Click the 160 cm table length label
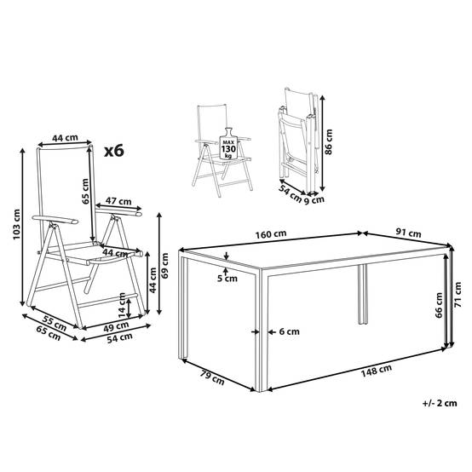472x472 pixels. pyautogui.click(x=271, y=234)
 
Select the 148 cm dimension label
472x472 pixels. pyautogui.click(x=377, y=371)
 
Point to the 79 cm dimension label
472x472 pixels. pyautogui.click(x=212, y=377)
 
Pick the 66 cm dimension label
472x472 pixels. pyautogui.click(x=439, y=305)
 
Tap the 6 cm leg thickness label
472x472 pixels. pyautogui.click(x=290, y=331)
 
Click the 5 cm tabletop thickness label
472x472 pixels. pyautogui.click(x=227, y=279)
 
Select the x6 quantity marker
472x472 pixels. pyautogui.click(x=114, y=151)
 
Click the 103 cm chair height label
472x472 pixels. pyautogui.click(x=16, y=224)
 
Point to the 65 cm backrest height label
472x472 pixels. pyautogui.click(x=85, y=192)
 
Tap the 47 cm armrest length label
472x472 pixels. pyautogui.click(x=119, y=201)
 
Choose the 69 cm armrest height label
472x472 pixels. pyautogui.click(x=165, y=265)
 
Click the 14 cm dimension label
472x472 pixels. pyautogui.click(x=122, y=305)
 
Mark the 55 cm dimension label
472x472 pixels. pyautogui.click(x=55, y=323)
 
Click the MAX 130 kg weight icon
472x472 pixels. pyautogui.click(x=229, y=144)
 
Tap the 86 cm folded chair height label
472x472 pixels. pyautogui.click(x=329, y=142)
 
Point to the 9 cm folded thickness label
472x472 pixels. pyautogui.click(x=314, y=200)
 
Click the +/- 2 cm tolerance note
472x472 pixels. pyautogui.click(x=440, y=403)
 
